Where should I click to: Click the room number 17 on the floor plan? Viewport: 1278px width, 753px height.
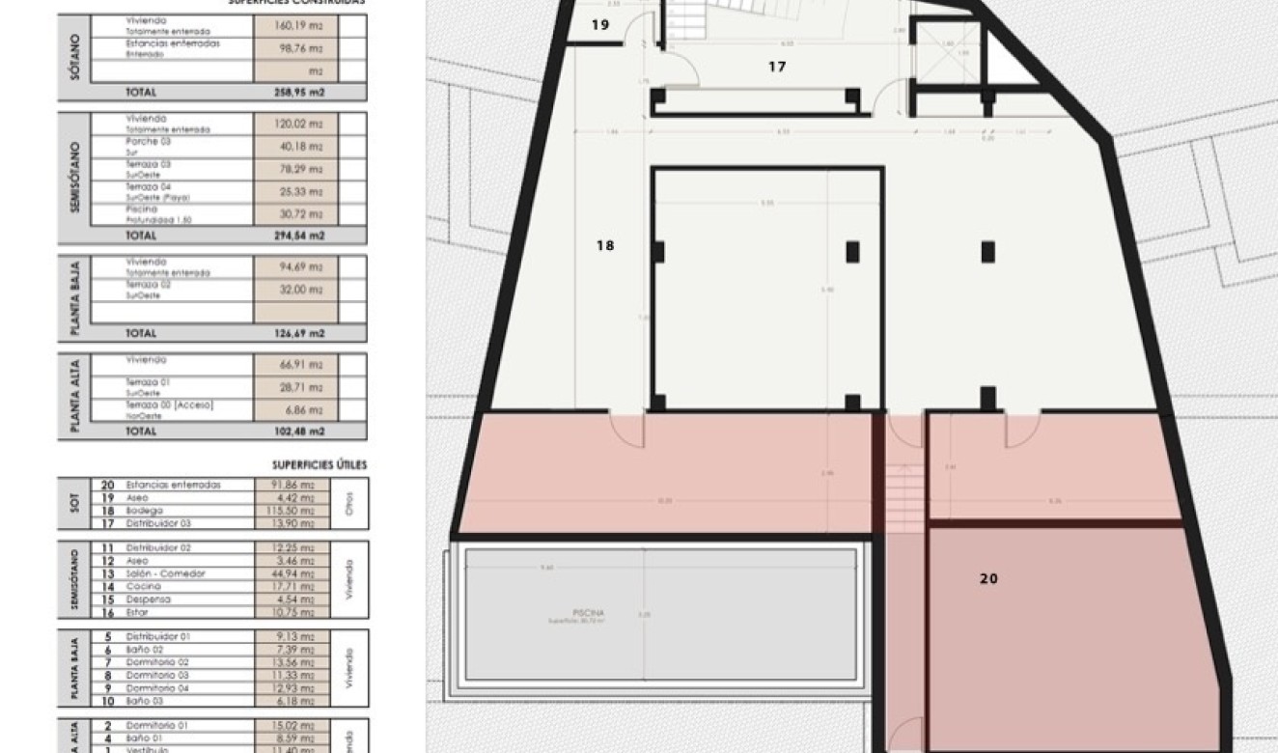777,68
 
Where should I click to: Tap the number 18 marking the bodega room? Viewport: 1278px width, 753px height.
605,246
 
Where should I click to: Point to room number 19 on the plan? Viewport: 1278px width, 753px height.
599,25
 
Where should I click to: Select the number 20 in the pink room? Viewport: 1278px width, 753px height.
988,579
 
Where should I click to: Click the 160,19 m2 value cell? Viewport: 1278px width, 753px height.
294,26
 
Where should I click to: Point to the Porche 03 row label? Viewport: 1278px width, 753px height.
149,142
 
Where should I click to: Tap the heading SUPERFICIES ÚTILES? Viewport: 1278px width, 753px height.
319,465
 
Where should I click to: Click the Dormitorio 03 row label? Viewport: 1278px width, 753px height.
158,675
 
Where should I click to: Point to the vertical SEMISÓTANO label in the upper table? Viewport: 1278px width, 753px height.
73,179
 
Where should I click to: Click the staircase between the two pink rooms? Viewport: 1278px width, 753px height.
904,493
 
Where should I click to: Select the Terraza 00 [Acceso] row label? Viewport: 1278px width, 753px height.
169,406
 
